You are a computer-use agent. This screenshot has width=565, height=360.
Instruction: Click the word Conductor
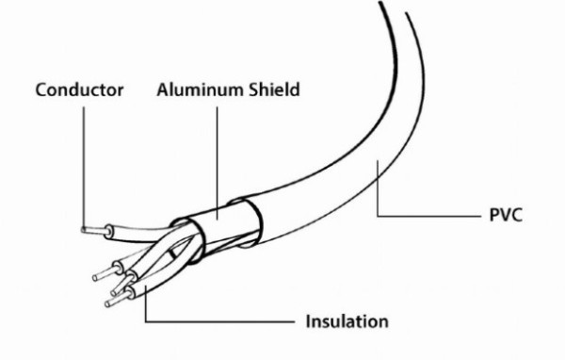pos(80,90)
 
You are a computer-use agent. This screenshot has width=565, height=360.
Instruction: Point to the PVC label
pos(506,215)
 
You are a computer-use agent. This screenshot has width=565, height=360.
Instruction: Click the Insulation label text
pos(347,321)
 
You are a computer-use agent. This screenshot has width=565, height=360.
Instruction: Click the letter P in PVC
pos(494,215)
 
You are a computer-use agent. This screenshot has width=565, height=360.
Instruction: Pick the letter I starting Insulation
pos(308,321)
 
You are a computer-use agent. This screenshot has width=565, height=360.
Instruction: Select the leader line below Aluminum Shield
pos(217,163)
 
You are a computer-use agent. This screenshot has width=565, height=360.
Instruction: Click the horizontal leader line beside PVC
pos(429,216)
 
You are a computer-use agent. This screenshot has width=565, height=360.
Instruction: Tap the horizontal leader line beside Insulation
pos(219,321)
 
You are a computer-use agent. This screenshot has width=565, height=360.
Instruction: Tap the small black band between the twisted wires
pos(173,254)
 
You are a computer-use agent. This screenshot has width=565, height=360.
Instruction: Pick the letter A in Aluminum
pos(163,90)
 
